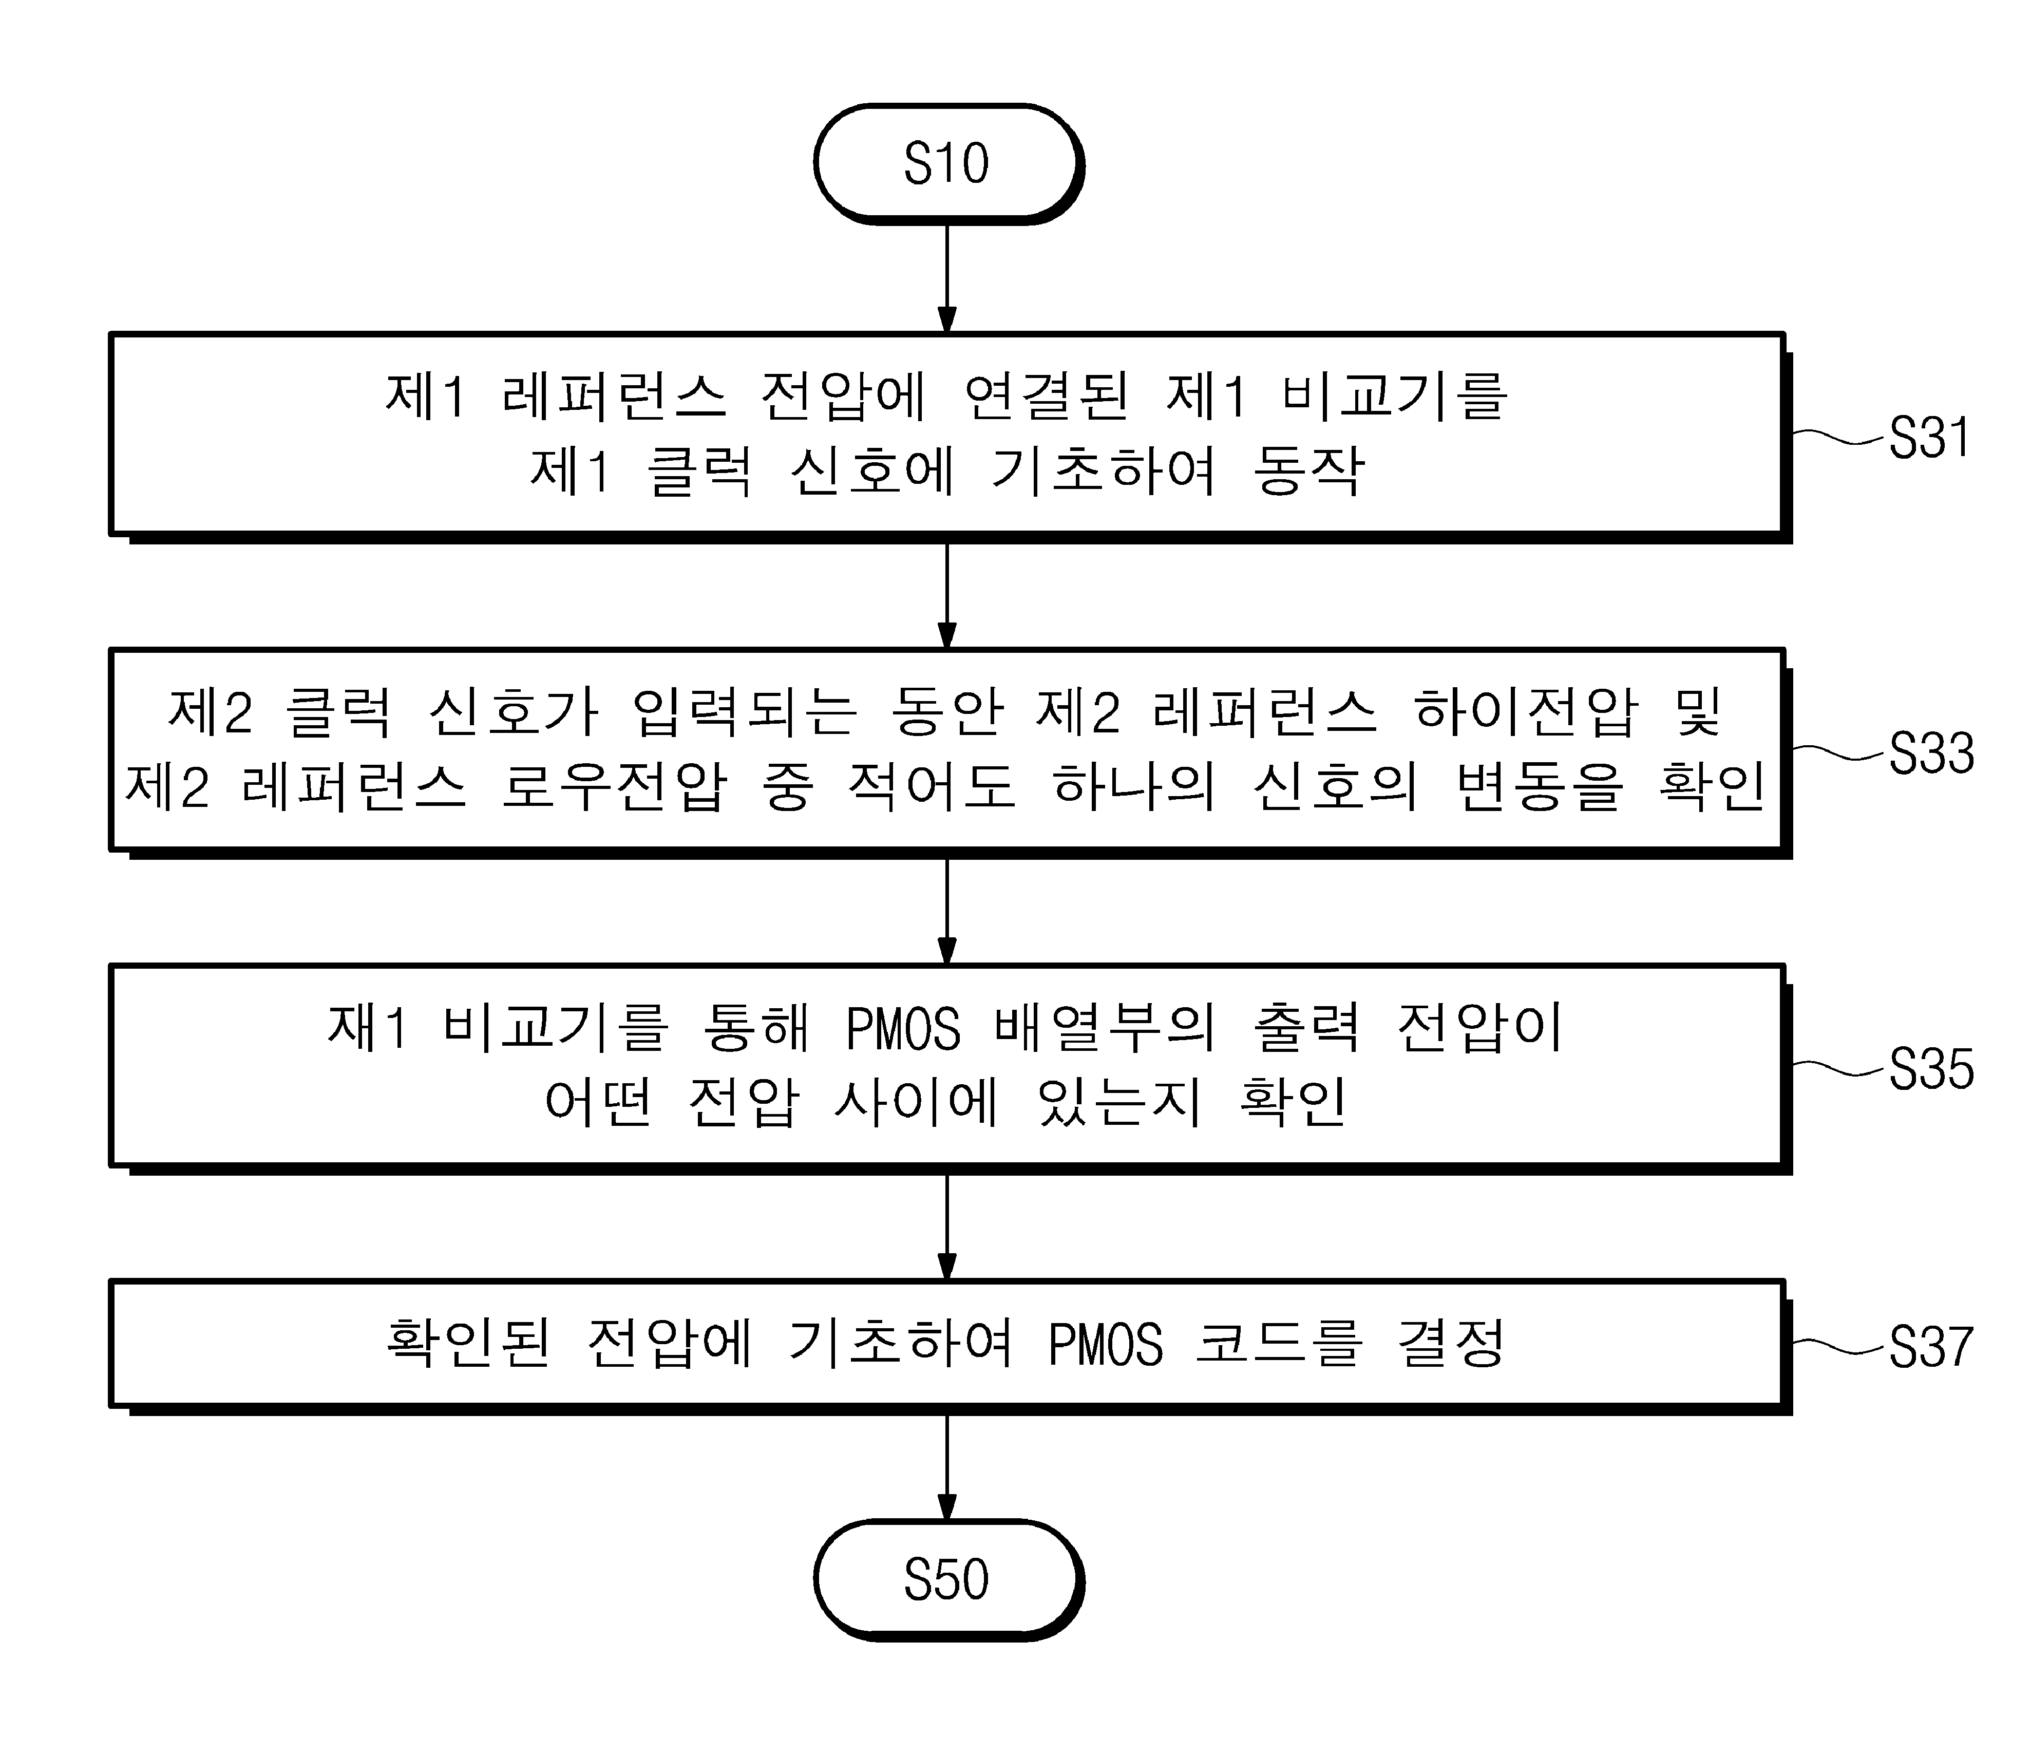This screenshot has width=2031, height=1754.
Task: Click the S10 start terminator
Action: (x=948, y=164)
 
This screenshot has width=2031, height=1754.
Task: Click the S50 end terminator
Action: (x=948, y=1579)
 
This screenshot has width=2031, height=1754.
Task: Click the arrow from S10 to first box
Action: (x=947, y=279)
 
